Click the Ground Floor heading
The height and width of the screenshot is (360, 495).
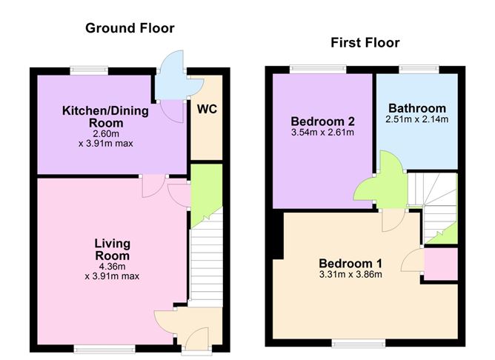[x=130, y=28]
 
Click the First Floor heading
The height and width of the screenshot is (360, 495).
[x=365, y=43]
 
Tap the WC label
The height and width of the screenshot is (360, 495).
[x=207, y=109]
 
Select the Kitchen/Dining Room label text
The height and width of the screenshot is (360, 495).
[x=105, y=117]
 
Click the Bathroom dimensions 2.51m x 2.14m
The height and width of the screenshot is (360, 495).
[x=416, y=119]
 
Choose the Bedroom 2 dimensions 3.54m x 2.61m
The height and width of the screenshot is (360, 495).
[x=322, y=132]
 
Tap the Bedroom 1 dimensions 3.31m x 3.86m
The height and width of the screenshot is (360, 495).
[x=351, y=274]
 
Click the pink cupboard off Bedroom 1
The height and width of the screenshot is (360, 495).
[x=441, y=264]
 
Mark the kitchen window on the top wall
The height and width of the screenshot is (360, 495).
[x=89, y=70]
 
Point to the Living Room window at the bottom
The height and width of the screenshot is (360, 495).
[x=104, y=348]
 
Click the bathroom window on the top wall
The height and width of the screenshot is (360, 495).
[x=419, y=70]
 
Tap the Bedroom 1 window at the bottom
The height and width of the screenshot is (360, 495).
[x=359, y=343]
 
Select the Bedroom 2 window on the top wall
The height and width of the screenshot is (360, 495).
[x=318, y=70]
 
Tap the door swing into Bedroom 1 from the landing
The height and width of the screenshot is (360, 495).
[x=393, y=220]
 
